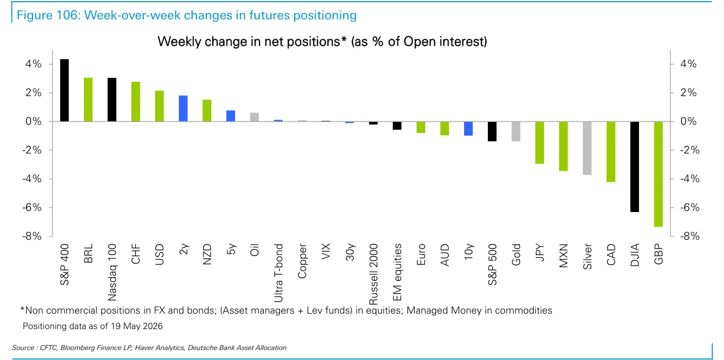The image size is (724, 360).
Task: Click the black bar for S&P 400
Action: pos(65,90)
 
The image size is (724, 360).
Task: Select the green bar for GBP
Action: pos(658,174)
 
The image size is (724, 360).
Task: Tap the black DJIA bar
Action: pos(635,167)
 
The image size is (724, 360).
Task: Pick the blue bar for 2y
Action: pos(183,109)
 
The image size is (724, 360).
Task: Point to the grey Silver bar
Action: pos(587,148)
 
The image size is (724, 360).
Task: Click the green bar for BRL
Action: pos(88,99)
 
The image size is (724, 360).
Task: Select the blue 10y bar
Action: pos(469,129)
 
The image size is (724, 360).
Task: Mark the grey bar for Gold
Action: pos(516,131)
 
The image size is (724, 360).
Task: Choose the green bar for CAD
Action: pos(611,152)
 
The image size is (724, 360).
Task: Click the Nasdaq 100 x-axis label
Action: pos(112,272)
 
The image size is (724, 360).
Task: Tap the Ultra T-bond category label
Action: pos(278,273)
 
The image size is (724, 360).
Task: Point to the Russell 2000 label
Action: pos(373,274)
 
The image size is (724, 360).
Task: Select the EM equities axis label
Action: pos(397,272)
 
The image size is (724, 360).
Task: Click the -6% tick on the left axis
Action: pos(32,208)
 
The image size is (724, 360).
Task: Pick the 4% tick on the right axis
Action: pos(688,63)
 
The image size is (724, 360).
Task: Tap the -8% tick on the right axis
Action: pos(690,236)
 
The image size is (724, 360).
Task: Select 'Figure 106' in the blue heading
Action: pos(48,15)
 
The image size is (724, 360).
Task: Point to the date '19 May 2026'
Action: pos(137,326)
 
